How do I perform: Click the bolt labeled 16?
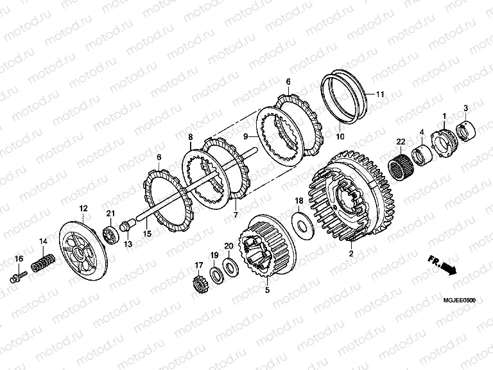(19, 277)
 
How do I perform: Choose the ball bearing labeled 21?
(111, 233)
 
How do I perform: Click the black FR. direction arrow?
(447, 268)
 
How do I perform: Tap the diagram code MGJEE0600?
(460, 301)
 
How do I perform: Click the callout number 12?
(83, 208)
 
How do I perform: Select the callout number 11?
(380, 94)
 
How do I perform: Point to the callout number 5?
(267, 290)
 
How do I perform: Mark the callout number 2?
(351, 253)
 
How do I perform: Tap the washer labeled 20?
(231, 265)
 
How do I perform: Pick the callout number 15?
(147, 233)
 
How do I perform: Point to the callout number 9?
(246, 137)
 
